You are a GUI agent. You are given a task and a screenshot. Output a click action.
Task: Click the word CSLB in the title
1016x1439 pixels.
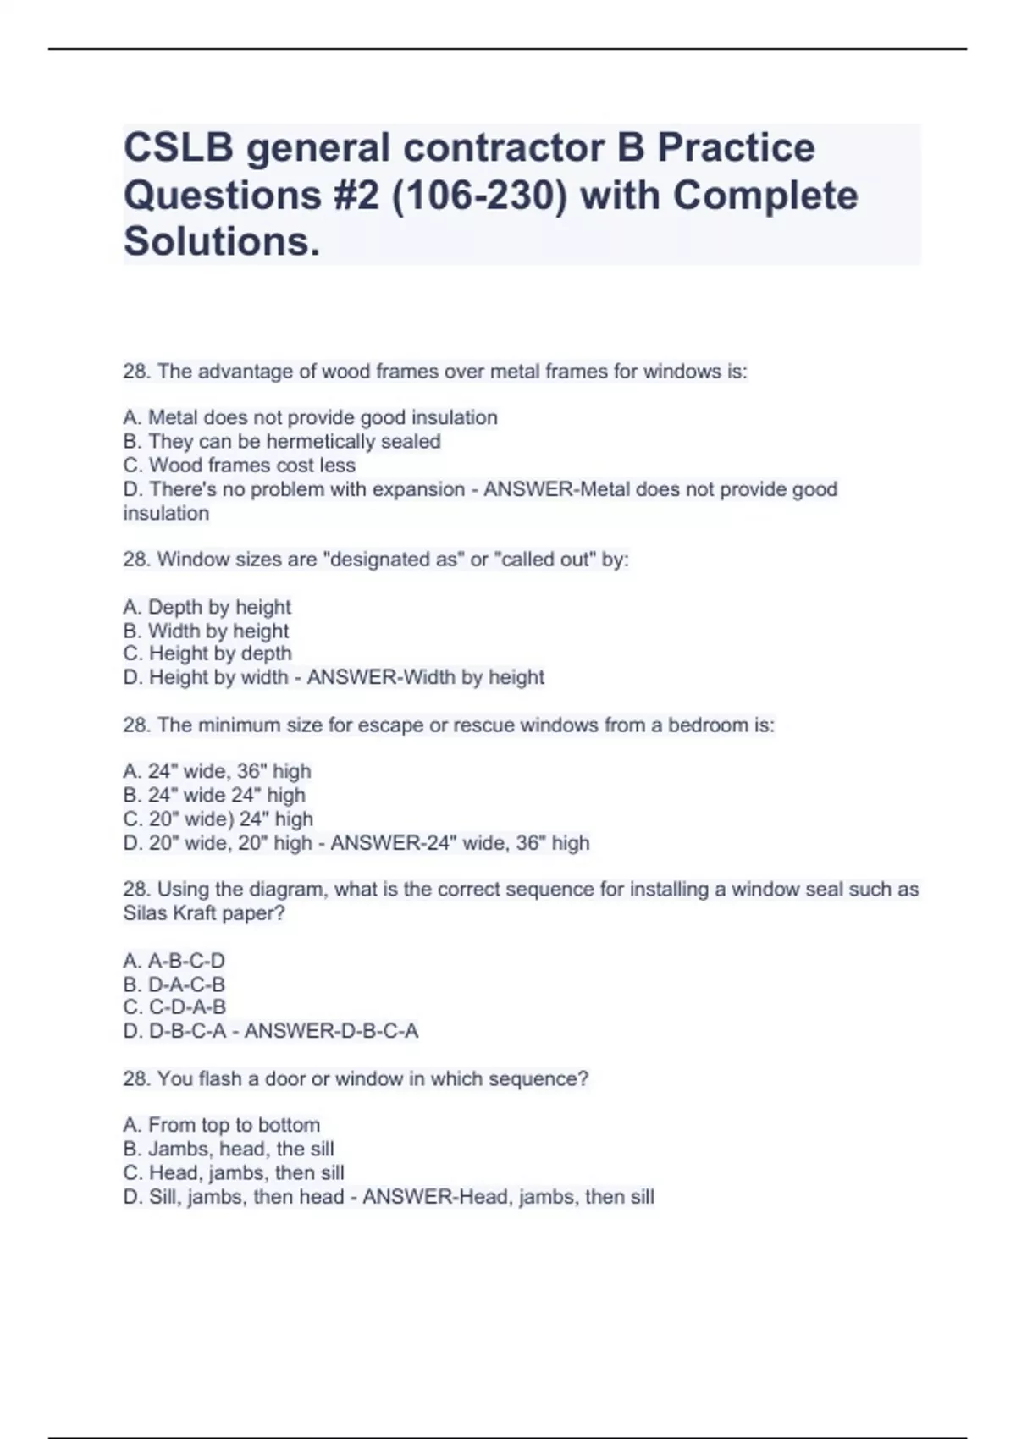179,148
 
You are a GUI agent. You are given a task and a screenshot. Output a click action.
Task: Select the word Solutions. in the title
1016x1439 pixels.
222,242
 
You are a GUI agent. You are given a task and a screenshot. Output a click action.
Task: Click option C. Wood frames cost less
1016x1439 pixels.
239,466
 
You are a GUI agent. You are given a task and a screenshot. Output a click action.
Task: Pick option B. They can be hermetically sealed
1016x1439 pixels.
281,442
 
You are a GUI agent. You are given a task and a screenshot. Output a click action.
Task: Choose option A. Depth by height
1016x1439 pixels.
207,607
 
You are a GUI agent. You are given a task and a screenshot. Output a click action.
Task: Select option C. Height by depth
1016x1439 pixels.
207,653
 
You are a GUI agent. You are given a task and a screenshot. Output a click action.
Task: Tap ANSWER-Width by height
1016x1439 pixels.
425,677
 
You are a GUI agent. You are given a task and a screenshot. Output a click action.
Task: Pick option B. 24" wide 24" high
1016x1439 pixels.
213,795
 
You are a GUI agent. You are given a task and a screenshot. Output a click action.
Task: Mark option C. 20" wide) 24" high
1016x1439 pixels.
218,819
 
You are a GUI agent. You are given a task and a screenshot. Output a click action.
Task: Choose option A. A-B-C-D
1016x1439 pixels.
174,961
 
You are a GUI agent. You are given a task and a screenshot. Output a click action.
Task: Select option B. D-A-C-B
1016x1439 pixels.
174,984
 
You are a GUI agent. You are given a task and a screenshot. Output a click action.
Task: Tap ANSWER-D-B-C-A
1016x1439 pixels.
331,1031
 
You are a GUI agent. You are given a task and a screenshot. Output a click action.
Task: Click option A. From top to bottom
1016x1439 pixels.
221,1125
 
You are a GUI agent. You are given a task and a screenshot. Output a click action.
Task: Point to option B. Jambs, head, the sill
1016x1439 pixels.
228,1149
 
